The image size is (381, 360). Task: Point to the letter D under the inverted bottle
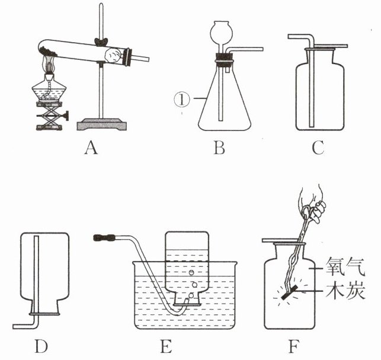(x=42, y=344)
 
